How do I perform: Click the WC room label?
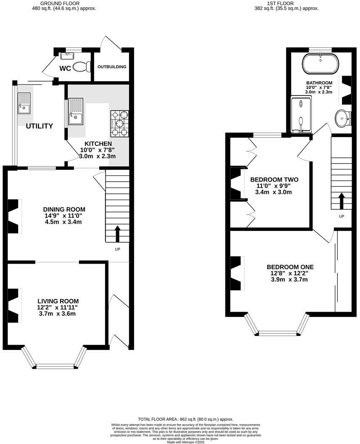click(65, 68)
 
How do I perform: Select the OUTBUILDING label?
click(112, 67)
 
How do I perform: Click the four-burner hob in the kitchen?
click(119, 123)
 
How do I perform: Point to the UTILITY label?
click(40, 126)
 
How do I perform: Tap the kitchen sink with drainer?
click(76, 111)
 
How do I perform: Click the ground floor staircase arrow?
click(117, 233)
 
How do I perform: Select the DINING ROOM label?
click(64, 209)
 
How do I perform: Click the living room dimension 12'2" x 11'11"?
click(58, 307)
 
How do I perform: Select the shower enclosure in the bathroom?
click(301, 114)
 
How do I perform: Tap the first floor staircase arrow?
click(341, 201)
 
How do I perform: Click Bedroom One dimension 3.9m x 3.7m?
click(290, 279)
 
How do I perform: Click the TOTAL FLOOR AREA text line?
click(185, 419)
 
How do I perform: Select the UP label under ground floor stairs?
click(118, 249)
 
